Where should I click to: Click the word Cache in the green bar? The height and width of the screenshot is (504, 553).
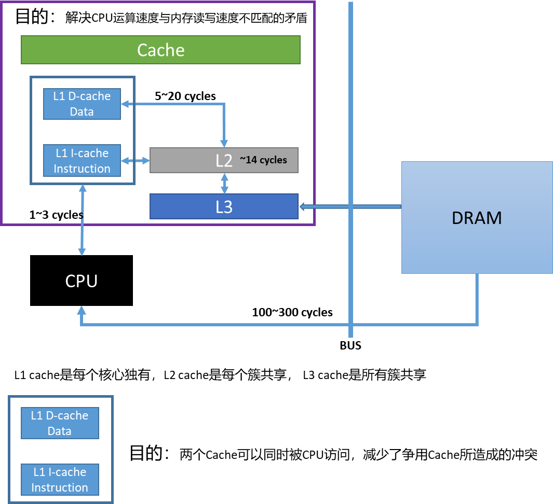pyautogui.click(x=160, y=50)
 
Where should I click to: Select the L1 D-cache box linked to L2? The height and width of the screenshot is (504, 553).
pyautogui.click(x=82, y=104)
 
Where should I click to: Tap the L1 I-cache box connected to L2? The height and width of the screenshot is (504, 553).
pyautogui.click(x=82, y=160)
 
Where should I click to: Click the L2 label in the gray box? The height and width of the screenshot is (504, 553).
pyautogui.click(x=224, y=160)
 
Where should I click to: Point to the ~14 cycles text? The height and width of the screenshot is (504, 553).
pyautogui.click(x=263, y=160)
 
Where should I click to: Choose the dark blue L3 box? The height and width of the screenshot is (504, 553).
pyautogui.click(x=224, y=206)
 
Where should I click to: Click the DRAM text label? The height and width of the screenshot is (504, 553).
pyautogui.click(x=477, y=218)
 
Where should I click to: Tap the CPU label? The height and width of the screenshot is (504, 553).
pyautogui.click(x=82, y=281)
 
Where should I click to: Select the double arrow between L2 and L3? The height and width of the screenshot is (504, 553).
pyautogui.click(x=225, y=184)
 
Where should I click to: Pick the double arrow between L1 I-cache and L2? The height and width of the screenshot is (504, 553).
pyautogui.click(x=135, y=161)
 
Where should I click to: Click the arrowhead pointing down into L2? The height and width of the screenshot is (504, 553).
pyautogui.click(x=224, y=143)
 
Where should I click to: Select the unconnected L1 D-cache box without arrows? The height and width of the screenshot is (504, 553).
pyautogui.click(x=59, y=423)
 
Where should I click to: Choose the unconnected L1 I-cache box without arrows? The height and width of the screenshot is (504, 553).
pyautogui.click(x=59, y=480)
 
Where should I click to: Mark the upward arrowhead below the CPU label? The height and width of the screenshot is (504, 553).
pyautogui.click(x=82, y=310)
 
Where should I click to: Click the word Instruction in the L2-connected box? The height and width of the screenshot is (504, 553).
pyautogui.click(x=82, y=169)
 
